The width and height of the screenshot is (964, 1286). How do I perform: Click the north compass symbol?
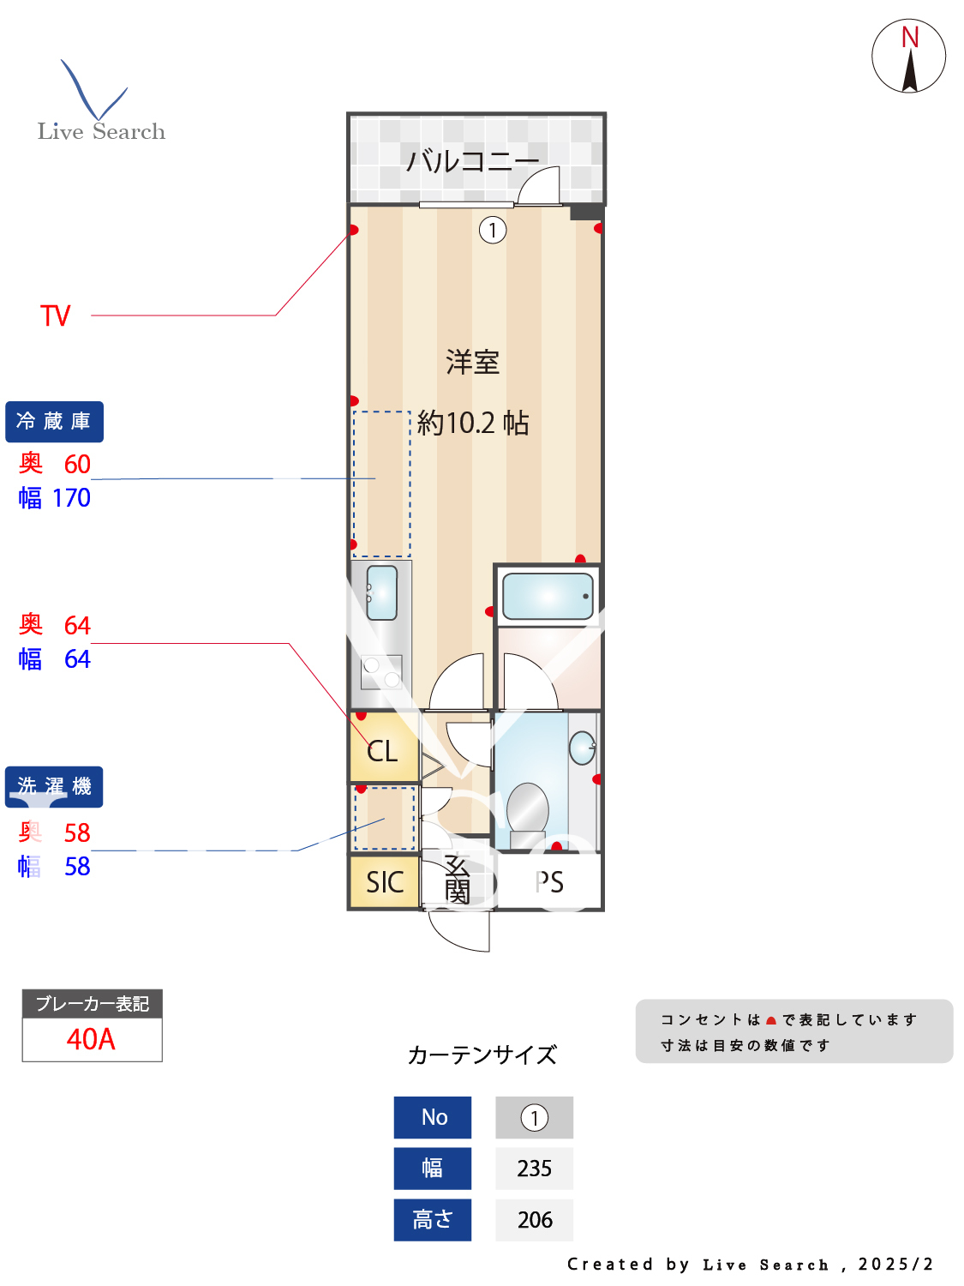click(908, 57)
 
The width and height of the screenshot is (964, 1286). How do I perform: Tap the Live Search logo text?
click(101, 131)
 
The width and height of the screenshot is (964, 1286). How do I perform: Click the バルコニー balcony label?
click(472, 160)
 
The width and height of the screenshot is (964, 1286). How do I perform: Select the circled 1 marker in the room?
click(493, 230)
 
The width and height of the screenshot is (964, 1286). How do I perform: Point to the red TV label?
click(56, 315)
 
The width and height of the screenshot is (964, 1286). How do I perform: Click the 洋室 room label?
click(472, 362)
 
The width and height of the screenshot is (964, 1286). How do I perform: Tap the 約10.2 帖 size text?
click(473, 423)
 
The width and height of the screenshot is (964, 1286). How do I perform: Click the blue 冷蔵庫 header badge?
click(54, 422)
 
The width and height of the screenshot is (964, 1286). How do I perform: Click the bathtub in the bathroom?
click(548, 596)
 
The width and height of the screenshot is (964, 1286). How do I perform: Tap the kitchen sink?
click(381, 592)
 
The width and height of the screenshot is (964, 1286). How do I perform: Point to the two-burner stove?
click(381, 672)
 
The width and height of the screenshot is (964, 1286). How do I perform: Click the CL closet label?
click(382, 752)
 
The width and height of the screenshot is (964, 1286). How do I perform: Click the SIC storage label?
click(385, 882)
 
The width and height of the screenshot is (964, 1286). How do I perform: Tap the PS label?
click(549, 882)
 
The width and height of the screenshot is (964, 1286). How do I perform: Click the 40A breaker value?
click(91, 1039)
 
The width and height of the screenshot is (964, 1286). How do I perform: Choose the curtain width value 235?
click(534, 1169)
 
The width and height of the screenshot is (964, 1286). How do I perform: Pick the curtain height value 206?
click(535, 1220)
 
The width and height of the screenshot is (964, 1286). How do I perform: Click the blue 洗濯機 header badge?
click(54, 787)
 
